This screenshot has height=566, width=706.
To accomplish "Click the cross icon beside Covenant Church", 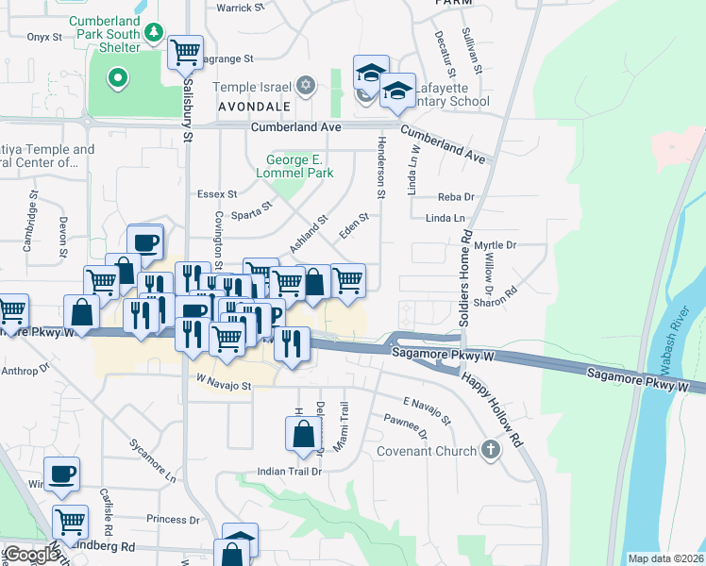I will point(490,449).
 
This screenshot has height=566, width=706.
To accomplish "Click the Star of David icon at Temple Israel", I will point(304,87).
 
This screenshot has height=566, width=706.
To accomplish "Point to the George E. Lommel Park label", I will point(294,167).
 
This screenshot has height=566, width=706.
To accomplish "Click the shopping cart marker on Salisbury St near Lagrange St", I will point(185,52).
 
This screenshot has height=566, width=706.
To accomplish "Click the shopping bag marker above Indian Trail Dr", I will point(304,434).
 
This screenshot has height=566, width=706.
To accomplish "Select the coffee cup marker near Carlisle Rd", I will point(62,474).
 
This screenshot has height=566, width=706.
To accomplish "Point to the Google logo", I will point(31,555).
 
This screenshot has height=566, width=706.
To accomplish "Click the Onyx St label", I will point(43,37).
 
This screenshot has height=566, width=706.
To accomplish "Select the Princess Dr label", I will point(167,519).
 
